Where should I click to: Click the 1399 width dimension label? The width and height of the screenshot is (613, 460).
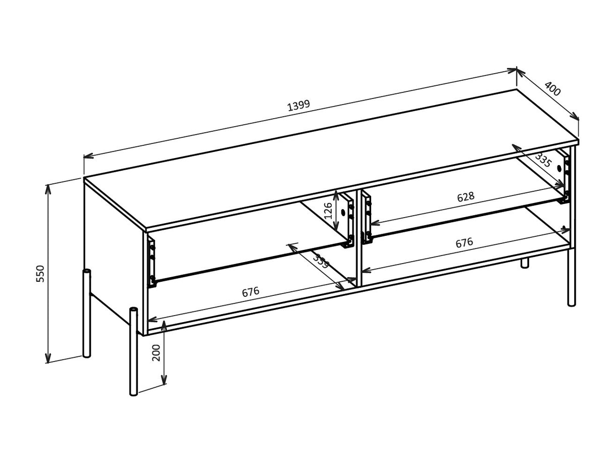[x=298, y=106]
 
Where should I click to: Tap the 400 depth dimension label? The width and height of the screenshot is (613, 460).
[x=552, y=89]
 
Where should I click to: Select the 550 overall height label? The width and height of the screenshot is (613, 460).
[x=40, y=273]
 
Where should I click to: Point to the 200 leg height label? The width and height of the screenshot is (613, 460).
[x=157, y=352]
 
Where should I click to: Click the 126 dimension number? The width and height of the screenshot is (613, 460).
[x=328, y=211]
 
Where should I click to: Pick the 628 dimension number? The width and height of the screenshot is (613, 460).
[x=466, y=197]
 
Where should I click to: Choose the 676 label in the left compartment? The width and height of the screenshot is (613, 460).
[x=250, y=292]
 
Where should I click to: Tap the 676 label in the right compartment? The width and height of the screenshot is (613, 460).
[x=464, y=243]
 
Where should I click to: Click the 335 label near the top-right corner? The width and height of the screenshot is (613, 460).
[x=543, y=160]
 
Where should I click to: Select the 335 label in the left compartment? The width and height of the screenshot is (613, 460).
[x=321, y=262]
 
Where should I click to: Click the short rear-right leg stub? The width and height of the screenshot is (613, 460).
[x=525, y=263]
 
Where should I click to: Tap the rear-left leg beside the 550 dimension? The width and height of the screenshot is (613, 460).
[x=87, y=313]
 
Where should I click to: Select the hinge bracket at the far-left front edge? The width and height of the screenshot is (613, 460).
[x=151, y=263]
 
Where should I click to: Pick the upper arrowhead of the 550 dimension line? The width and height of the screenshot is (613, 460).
[x=48, y=188]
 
